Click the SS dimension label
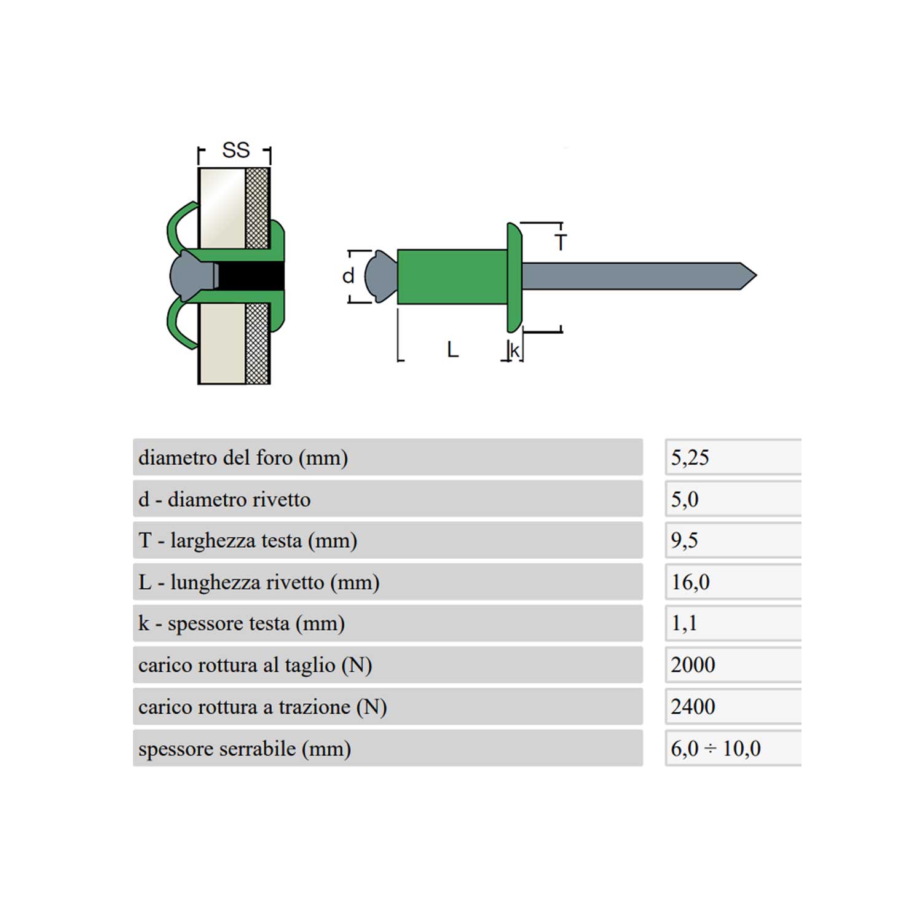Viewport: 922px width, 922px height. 236,150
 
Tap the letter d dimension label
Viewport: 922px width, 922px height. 349,276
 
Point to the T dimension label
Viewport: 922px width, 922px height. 560,243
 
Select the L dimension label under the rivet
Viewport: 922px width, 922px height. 452,350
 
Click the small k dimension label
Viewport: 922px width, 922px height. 515,350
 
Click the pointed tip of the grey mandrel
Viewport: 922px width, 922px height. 756,276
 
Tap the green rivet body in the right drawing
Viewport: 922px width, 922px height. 452,277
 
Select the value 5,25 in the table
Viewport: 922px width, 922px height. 690,457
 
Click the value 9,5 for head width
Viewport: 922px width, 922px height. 684,540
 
